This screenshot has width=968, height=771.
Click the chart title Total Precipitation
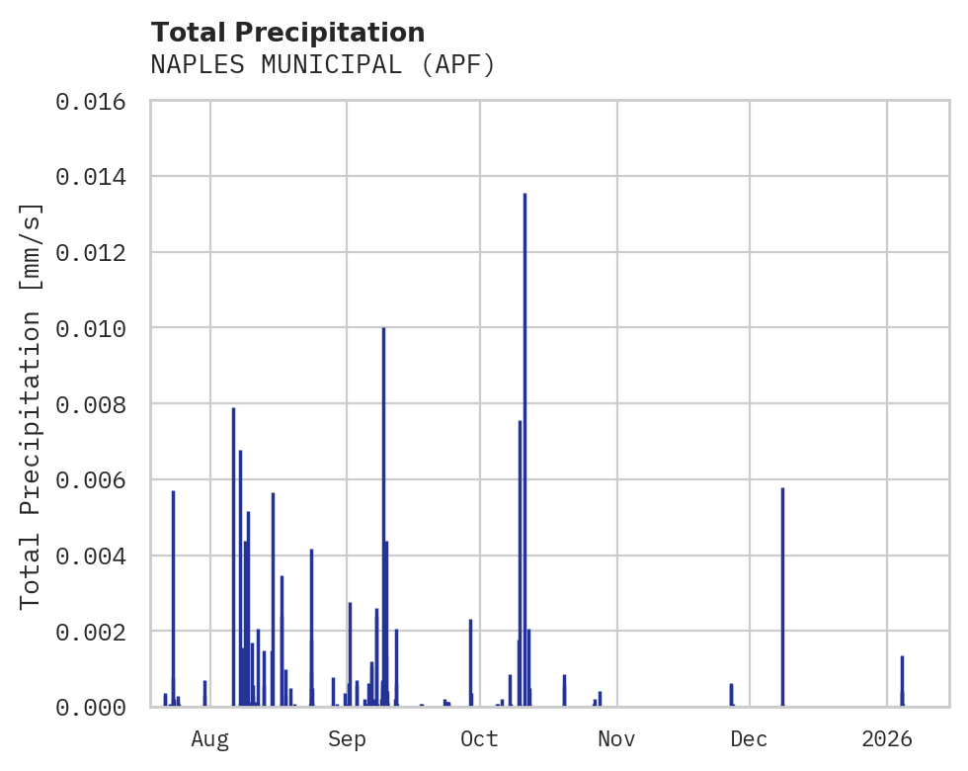click(287, 33)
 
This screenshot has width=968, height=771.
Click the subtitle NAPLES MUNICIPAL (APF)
click(322, 65)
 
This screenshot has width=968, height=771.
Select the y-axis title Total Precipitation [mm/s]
click(32, 405)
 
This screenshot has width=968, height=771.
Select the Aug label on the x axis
click(210, 738)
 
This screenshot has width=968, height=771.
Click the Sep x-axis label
click(347, 738)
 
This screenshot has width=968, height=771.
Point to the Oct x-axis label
click(480, 738)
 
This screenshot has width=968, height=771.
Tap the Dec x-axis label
click(750, 738)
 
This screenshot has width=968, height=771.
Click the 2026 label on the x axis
click(887, 738)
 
